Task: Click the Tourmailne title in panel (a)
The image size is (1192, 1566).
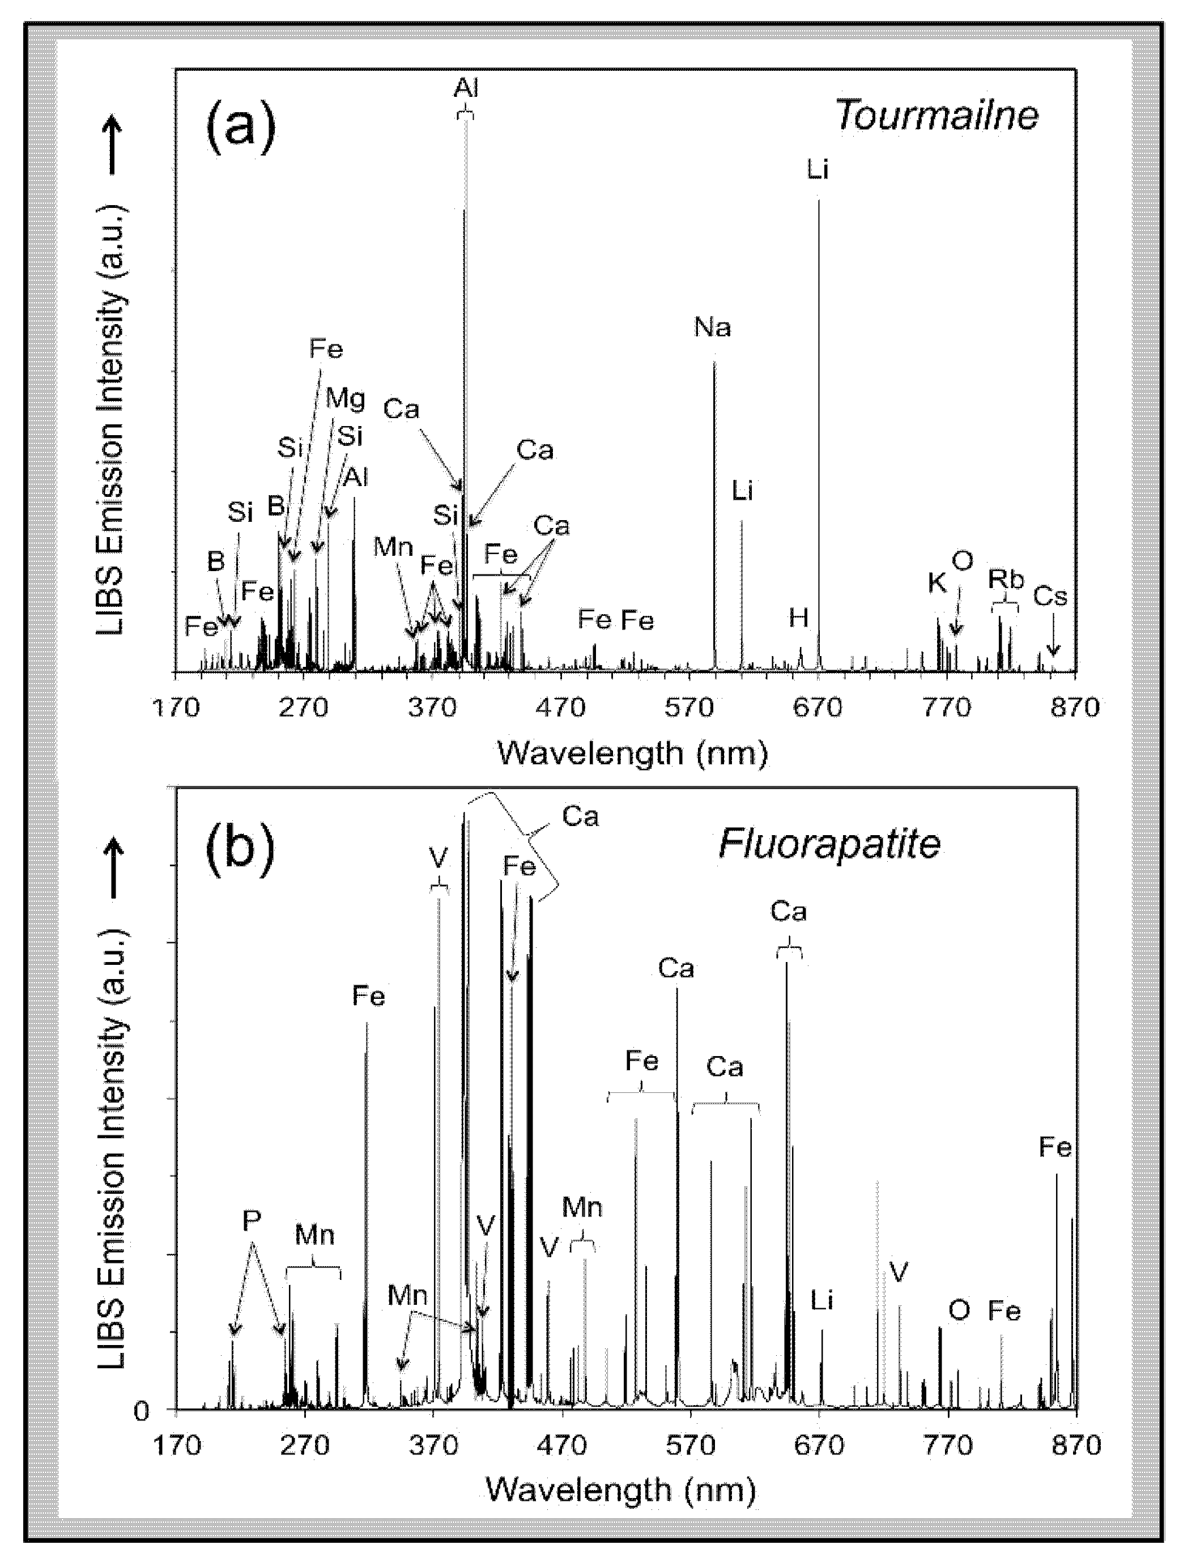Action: pyautogui.click(x=936, y=116)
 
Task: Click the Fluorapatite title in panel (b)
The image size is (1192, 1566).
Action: pyautogui.click(x=829, y=844)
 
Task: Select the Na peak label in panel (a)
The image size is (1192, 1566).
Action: pyautogui.click(x=712, y=328)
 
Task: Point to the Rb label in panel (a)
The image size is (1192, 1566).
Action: pyautogui.click(x=1006, y=580)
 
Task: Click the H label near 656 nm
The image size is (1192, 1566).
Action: pyautogui.click(x=799, y=618)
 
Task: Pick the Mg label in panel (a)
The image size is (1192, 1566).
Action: pyautogui.click(x=346, y=399)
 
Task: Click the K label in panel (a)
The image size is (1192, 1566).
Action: pyautogui.click(x=936, y=583)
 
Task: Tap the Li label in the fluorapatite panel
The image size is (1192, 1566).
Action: pyautogui.click(x=821, y=1301)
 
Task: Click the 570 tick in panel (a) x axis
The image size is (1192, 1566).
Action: pyautogui.click(x=689, y=708)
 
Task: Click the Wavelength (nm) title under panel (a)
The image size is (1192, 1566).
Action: pyautogui.click(x=632, y=753)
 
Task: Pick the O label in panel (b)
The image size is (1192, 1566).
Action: pyautogui.click(x=959, y=1310)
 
